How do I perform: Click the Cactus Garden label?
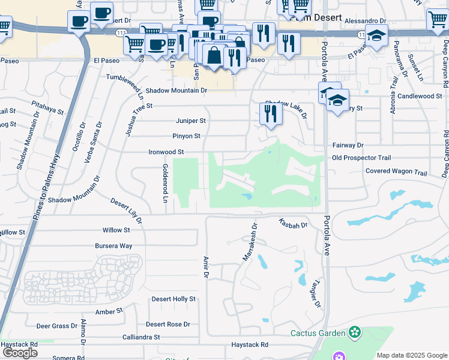(x=318, y=333)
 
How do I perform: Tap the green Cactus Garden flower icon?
(x=355, y=332)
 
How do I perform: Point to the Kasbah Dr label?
(x=293, y=224)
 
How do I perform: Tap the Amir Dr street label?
(x=205, y=266)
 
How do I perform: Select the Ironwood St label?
(x=166, y=152)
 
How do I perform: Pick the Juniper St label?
(x=190, y=121)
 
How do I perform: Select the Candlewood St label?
(x=420, y=96)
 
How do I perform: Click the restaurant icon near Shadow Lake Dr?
(x=271, y=114)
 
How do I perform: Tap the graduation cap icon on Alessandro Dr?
(x=376, y=38)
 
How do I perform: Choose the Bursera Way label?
(x=113, y=246)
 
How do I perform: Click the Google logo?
(x=20, y=353)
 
